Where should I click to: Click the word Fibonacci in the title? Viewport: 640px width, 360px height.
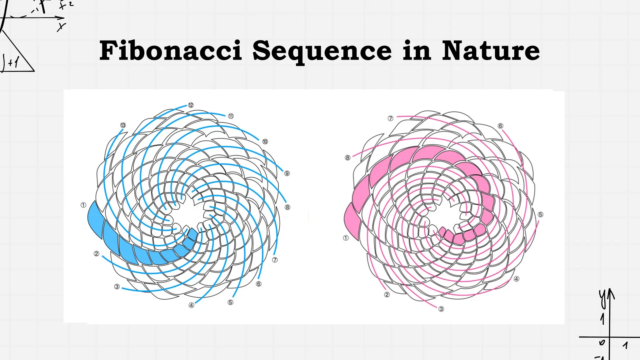point(171,51)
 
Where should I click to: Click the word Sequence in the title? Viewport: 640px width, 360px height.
point(322,51)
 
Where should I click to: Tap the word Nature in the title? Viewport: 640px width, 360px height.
point(491,51)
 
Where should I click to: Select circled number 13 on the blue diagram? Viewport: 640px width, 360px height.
point(123,125)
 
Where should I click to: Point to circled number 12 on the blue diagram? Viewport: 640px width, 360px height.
point(191,105)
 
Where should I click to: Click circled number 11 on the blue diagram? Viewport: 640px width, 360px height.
point(231,116)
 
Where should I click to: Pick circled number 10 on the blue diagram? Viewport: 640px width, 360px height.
point(265,142)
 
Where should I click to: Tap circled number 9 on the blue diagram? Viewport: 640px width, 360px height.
point(287,173)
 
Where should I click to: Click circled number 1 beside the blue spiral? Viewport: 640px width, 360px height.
point(83,205)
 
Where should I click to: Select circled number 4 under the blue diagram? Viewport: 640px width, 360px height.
point(192,305)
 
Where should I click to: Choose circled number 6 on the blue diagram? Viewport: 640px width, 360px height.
point(259,284)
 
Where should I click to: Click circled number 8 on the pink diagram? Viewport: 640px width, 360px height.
point(347,157)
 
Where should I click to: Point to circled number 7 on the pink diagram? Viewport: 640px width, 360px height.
point(391,118)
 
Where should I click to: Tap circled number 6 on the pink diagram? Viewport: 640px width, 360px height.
point(500,126)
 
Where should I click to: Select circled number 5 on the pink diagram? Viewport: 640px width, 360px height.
point(541,214)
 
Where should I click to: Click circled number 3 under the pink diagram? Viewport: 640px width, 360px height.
point(441,309)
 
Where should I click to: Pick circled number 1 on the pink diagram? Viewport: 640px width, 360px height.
point(346,238)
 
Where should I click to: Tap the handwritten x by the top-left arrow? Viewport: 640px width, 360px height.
point(61,27)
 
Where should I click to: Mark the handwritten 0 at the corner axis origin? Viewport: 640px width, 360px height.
point(602,342)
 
